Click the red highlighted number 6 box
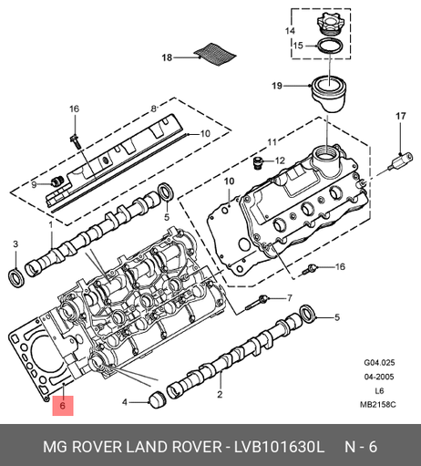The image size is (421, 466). [x=63, y=406]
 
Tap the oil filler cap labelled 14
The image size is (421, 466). [x=329, y=23]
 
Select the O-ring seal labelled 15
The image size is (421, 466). [x=330, y=46]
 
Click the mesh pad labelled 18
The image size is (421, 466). [x=215, y=54]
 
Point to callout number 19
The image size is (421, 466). [x=277, y=86]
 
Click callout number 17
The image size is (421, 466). [x=401, y=116]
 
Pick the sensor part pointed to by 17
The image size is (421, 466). [x=401, y=161]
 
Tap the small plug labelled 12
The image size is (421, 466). [x=258, y=162]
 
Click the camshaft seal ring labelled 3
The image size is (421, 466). [x=15, y=277]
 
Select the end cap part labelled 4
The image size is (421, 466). [x=157, y=399]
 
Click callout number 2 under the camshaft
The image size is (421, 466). [x=220, y=394]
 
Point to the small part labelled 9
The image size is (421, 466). [x=56, y=181]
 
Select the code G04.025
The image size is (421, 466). [x=379, y=363]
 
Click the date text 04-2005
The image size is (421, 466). [x=379, y=377]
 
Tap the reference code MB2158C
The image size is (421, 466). [x=378, y=405]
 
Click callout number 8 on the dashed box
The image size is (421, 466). [x=154, y=109]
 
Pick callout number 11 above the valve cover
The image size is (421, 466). [x=272, y=142]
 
